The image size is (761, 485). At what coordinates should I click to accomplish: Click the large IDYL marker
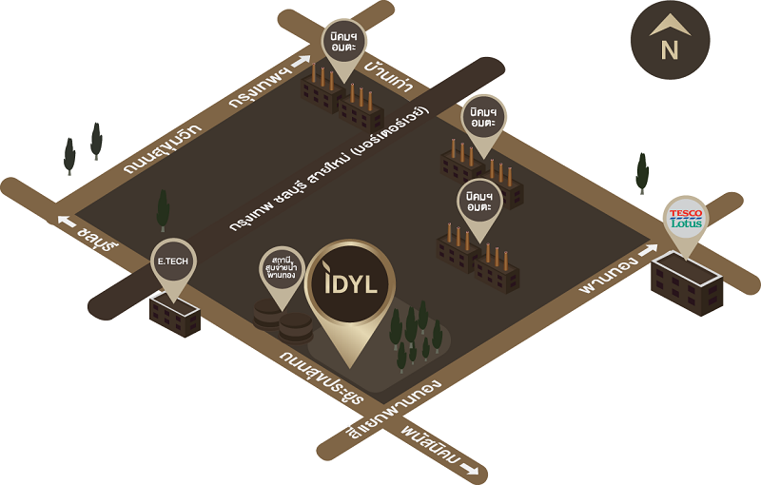coord(352,290)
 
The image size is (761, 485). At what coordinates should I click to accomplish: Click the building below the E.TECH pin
coord(175,316)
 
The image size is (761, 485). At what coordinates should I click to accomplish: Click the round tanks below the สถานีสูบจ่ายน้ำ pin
coord(283,321)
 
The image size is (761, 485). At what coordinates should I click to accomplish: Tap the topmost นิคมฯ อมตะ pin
coord(342,41)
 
